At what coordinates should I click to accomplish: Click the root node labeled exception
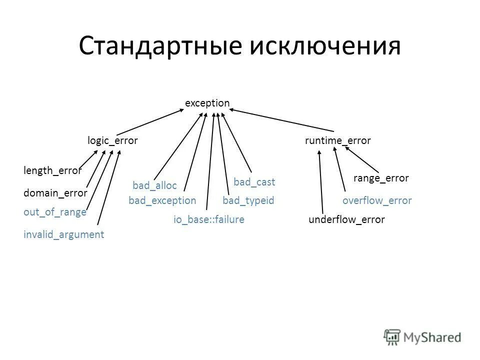pyautogui.click(x=207, y=103)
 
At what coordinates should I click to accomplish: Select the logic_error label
pyautogui.click(x=112, y=141)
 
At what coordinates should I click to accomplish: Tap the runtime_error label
pyautogui.click(x=338, y=141)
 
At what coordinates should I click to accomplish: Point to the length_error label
pyautogui.click(x=52, y=171)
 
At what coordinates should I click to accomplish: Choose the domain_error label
pyautogui.click(x=55, y=193)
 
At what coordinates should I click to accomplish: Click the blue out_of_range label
pyautogui.click(x=55, y=212)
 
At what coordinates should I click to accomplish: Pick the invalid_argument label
pyautogui.click(x=64, y=234)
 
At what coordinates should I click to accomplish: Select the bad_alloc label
pyautogui.click(x=154, y=186)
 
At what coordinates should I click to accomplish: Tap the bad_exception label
pyautogui.click(x=162, y=201)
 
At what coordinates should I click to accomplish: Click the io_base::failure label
pyautogui.click(x=209, y=219)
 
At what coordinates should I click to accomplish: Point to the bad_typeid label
pyautogui.click(x=248, y=201)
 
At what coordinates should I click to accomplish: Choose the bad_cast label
pyautogui.click(x=254, y=182)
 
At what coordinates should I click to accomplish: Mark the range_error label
pyautogui.click(x=381, y=178)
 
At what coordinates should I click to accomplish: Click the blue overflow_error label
pyautogui.click(x=377, y=201)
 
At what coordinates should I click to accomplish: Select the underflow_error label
pyautogui.click(x=347, y=219)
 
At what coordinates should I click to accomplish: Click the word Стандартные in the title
pyautogui.click(x=159, y=46)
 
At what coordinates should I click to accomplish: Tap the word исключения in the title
pyautogui.click(x=325, y=46)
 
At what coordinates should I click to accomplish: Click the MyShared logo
pyautogui.click(x=422, y=337)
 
